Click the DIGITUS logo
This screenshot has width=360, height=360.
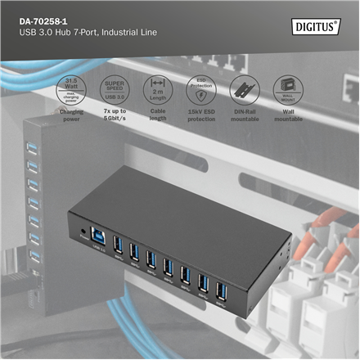click(x=317, y=26)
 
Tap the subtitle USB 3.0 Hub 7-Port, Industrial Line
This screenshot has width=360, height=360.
click(x=81, y=32)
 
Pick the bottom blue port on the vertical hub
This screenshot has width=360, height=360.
click(x=35, y=257)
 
